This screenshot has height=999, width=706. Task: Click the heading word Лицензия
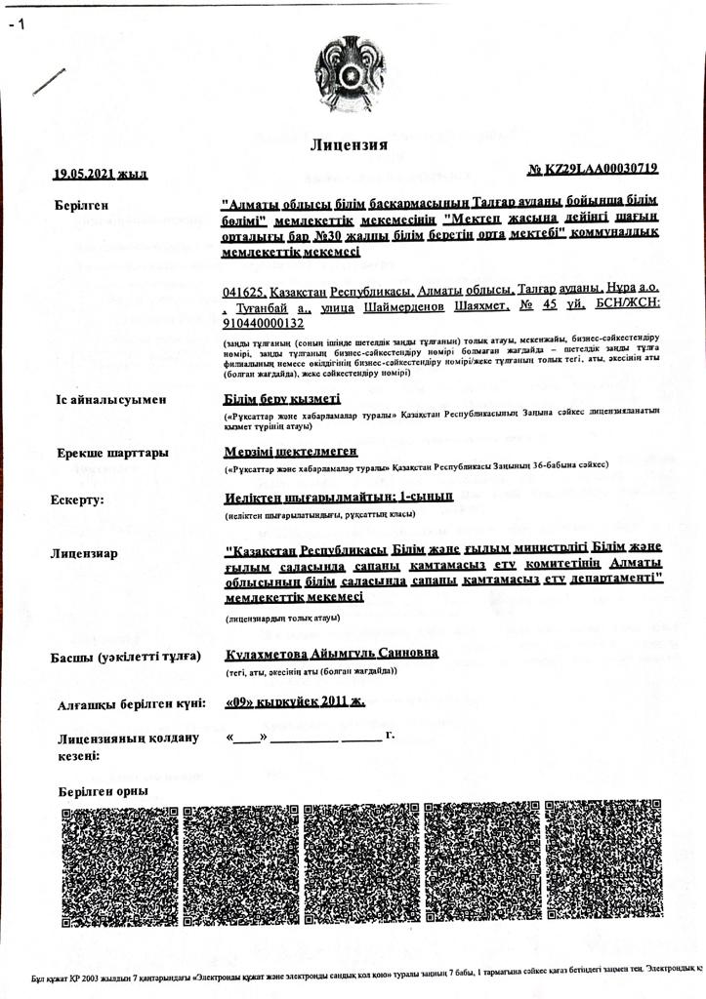pos(349,145)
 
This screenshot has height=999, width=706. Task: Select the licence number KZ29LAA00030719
pos(592,170)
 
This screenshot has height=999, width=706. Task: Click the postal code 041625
pos(244,291)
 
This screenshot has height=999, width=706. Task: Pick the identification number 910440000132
pos(264,323)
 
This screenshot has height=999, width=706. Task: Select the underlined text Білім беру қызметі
pos(282,398)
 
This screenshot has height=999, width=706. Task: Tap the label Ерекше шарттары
pos(112,453)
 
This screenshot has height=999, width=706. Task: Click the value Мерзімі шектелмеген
pos(290,451)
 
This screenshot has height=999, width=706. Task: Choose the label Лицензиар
pos(84,553)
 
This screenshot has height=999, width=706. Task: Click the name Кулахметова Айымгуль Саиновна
pos(331,653)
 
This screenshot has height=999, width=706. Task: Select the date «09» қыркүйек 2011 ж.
pos(294,700)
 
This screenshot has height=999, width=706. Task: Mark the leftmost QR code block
pos(118,865)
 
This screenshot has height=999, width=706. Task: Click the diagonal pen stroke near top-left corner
pos(48,81)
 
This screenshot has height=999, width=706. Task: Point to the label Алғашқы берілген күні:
pos(131,704)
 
